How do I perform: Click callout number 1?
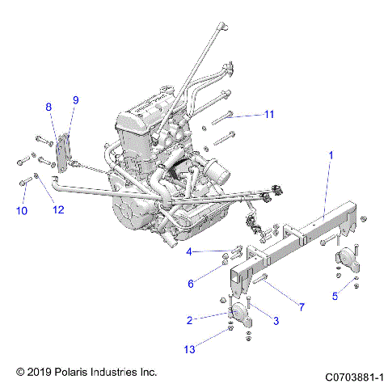[x=331, y=154]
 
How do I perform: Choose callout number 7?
[x=302, y=307]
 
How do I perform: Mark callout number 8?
[x=48, y=107]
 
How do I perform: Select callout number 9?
[x=75, y=100]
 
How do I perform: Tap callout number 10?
[x=21, y=211]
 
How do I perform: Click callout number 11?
[x=269, y=114]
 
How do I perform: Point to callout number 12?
[x=57, y=211]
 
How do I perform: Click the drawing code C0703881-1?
[x=353, y=377]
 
